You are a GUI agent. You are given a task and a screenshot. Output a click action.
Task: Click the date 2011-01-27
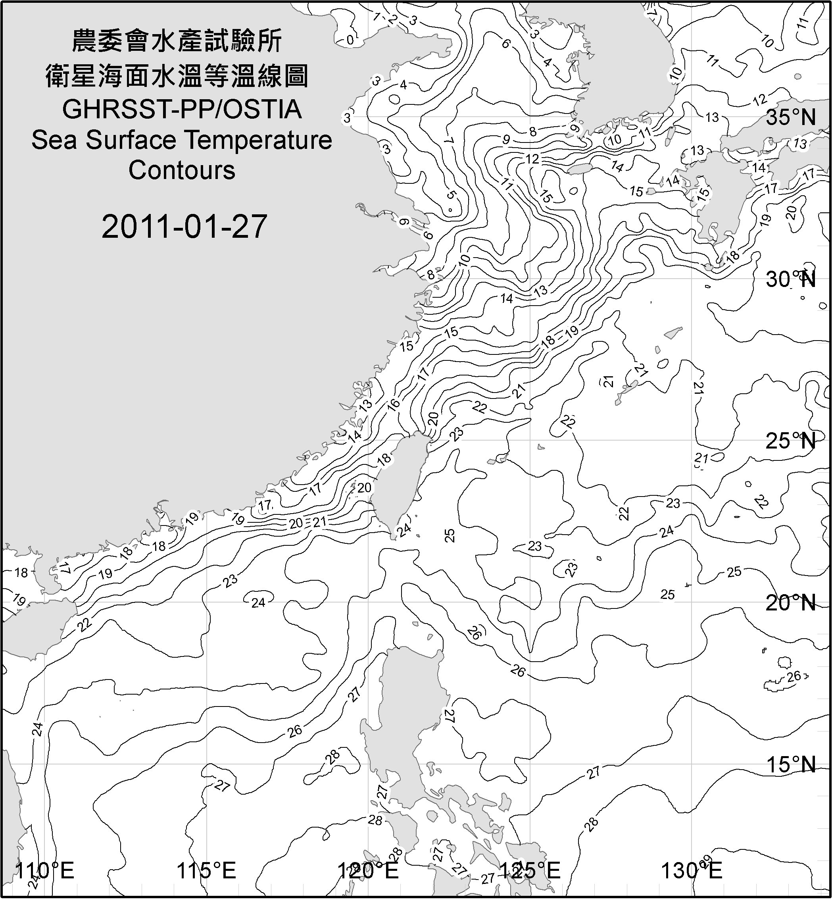point(184,227)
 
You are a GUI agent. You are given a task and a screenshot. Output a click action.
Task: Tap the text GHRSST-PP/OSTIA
point(182,110)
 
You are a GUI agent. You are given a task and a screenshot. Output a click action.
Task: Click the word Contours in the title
point(182,170)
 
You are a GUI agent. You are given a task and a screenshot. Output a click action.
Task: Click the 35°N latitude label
point(791,117)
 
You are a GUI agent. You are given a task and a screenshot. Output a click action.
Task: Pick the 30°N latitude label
point(791,280)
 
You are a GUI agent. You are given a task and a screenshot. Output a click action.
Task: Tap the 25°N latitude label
point(791,441)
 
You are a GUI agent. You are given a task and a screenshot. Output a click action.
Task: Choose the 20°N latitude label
point(791,603)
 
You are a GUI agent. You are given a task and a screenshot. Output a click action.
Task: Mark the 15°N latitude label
point(791,764)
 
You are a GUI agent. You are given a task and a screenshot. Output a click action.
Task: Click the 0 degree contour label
point(350,40)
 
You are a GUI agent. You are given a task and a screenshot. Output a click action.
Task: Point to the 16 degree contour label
point(394,404)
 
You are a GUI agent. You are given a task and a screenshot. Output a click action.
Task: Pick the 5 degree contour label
point(452,195)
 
